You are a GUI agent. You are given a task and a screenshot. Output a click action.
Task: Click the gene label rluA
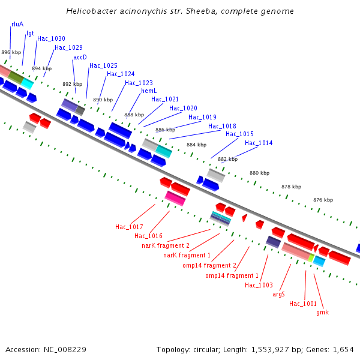[17, 25]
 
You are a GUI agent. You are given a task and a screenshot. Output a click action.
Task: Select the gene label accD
[80, 57]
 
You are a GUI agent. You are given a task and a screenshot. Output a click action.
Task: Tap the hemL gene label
[149, 91]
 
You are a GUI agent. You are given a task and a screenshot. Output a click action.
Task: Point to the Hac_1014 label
[259, 143]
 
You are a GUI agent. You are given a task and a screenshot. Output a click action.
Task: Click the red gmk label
[322, 312]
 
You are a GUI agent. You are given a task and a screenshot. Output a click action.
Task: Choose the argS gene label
[278, 294]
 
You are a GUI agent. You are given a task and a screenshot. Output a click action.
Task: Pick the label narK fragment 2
[166, 246]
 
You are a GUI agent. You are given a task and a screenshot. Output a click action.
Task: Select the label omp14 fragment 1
[232, 275]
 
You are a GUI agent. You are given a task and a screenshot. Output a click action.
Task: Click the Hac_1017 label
[129, 227]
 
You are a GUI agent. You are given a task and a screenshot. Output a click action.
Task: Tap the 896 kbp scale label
[11, 53]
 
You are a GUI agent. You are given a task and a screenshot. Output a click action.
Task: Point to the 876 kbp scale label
[323, 200]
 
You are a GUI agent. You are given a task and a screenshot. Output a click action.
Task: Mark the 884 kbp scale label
[196, 145]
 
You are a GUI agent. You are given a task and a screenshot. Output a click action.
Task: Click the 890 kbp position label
[103, 100]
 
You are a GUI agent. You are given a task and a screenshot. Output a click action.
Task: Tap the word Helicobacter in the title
[90, 11]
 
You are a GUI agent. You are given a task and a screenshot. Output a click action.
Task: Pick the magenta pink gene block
[175, 198]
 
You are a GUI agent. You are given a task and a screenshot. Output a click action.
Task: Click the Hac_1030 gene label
[51, 38]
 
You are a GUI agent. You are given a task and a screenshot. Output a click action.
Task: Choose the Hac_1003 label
[259, 285]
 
